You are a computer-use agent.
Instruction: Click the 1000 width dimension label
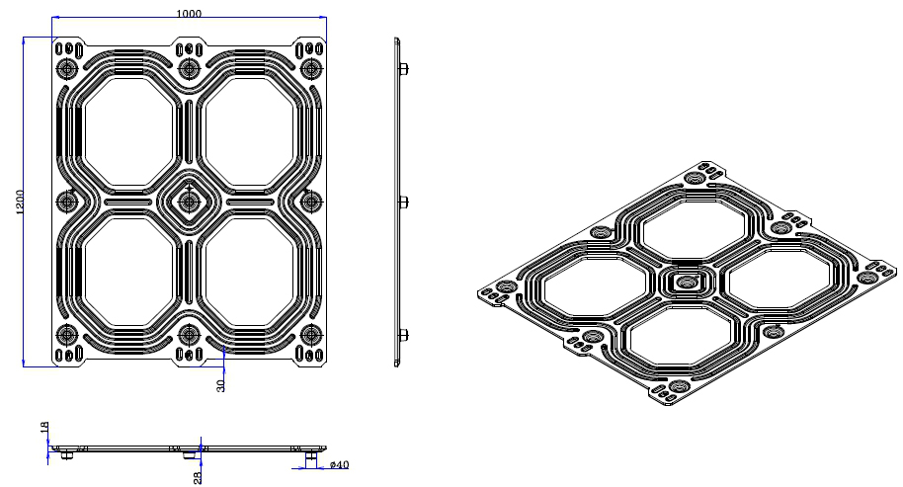pyautogui.click(x=189, y=13)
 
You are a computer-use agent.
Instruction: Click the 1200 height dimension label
pyautogui.click(x=20, y=203)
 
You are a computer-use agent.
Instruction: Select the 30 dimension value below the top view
pyautogui.click(x=221, y=385)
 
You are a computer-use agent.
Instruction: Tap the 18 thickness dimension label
pyautogui.click(x=44, y=427)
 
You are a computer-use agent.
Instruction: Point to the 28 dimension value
pyautogui.click(x=198, y=478)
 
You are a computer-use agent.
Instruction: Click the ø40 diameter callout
pyautogui.click(x=339, y=465)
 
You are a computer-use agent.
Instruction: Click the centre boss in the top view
pyautogui.click(x=189, y=203)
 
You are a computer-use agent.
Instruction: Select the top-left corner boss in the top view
pyautogui.click(x=67, y=69)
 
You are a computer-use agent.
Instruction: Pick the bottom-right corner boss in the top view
pyautogui.click(x=311, y=335)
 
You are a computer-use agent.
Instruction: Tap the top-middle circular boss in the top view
pyautogui.click(x=189, y=69)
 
